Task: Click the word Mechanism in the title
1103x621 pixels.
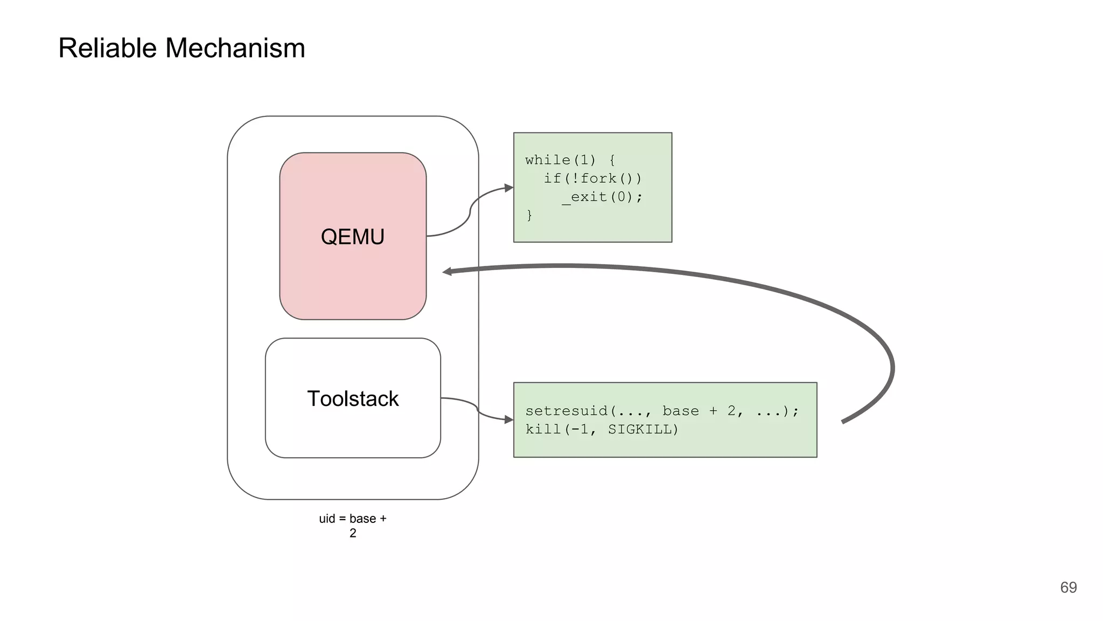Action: (x=235, y=48)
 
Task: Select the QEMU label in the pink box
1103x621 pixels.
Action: (x=352, y=237)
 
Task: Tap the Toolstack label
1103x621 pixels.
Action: (x=353, y=399)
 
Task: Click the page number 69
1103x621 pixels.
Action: (x=1068, y=587)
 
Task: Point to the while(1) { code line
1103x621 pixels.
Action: (x=570, y=160)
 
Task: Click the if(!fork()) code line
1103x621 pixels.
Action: (x=592, y=178)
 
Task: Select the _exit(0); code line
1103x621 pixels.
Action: (x=602, y=197)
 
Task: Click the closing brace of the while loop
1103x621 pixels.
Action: (x=529, y=215)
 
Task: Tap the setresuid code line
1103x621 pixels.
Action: (x=662, y=411)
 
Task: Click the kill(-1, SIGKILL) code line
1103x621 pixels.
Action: (x=602, y=429)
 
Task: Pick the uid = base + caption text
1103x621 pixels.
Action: (x=352, y=519)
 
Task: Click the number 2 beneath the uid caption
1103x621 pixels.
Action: (x=353, y=533)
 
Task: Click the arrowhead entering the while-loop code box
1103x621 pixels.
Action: (x=508, y=188)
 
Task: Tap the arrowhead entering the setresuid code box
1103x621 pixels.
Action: (x=508, y=419)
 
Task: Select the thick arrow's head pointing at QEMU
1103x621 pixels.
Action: (x=447, y=272)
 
